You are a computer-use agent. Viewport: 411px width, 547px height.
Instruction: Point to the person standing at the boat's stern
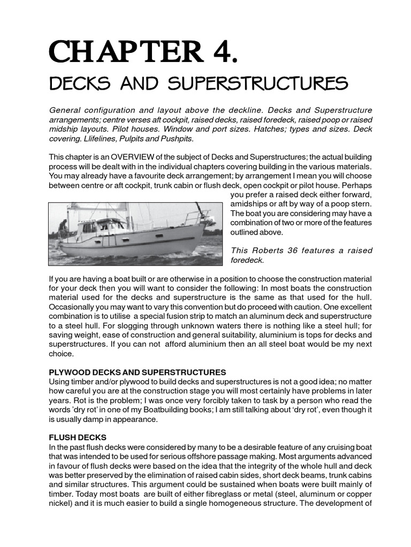point(63,229)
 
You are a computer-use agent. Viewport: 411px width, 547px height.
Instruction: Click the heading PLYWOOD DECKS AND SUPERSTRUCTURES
point(138,372)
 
